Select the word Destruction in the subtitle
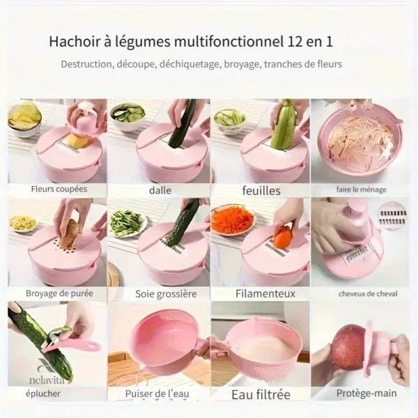click(x=86, y=64)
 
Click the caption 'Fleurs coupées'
click(x=59, y=189)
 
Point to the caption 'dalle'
click(x=160, y=190)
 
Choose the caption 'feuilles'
click(x=261, y=191)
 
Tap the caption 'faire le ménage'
click(x=361, y=189)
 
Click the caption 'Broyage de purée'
click(x=59, y=293)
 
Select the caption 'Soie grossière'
click(x=166, y=294)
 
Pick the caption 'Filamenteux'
click(x=265, y=293)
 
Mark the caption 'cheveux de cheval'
click(x=368, y=294)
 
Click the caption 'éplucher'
click(x=43, y=394)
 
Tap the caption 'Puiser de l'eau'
click(x=157, y=394)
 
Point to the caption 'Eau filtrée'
click(x=261, y=394)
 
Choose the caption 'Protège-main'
click(x=366, y=394)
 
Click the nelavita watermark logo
click(x=47, y=371)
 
